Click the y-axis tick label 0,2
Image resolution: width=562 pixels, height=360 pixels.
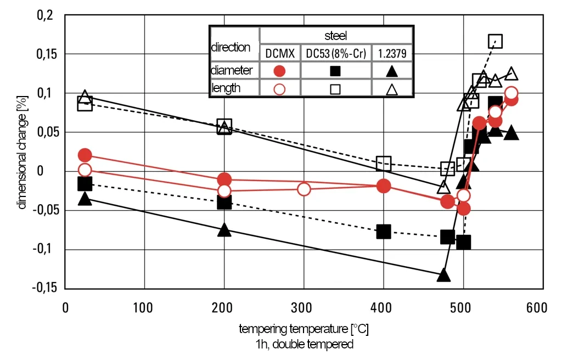coord(45,15)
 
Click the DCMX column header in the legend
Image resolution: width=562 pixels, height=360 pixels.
coord(280,53)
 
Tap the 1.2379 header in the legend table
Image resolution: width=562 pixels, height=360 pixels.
coord(392,53)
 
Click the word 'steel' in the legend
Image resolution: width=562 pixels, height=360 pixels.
coord(335,36)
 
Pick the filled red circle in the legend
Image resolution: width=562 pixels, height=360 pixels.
coord(280,71)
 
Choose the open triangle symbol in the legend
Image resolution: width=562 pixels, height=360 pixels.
coord(392,88)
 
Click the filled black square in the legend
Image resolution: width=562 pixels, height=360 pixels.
coord(335,71)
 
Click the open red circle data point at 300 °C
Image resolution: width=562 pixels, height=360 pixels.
coord(304,189)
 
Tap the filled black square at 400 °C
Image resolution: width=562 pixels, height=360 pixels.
coord(384,232)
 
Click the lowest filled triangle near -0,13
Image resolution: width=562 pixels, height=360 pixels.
coord(443,275)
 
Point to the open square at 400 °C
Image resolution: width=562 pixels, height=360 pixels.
coord(384,163)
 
